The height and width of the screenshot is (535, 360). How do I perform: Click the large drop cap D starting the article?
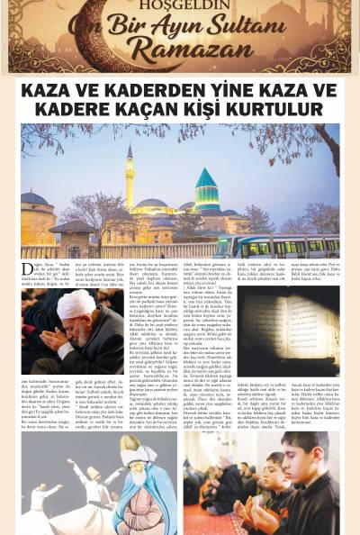27,270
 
